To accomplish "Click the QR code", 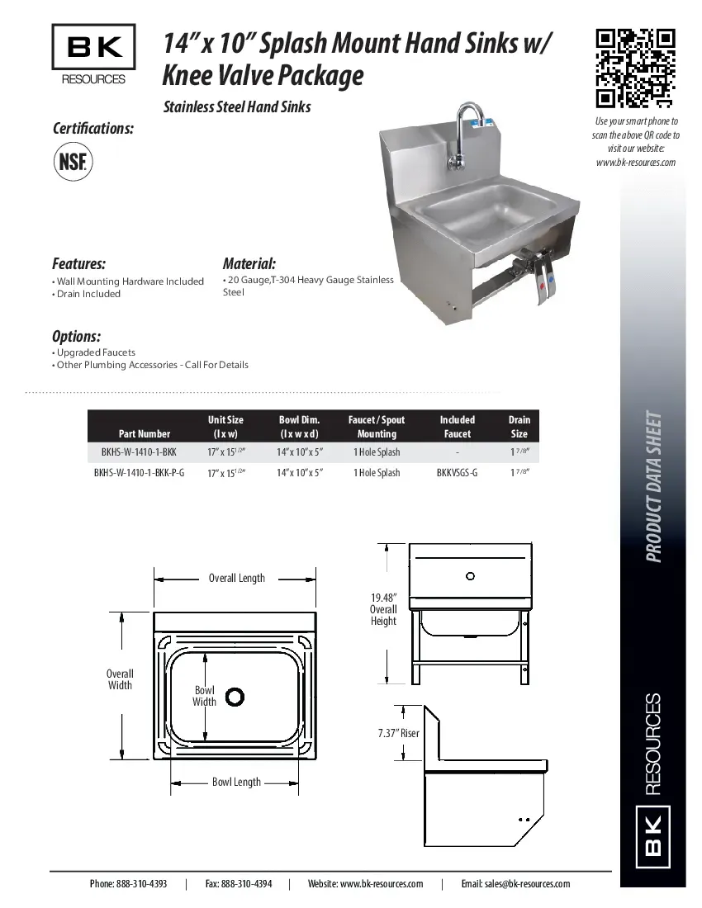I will [636, 69].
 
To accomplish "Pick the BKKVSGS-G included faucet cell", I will [457, 473].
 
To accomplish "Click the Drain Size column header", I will [519, 427].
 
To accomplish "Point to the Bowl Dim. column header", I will [299, 427].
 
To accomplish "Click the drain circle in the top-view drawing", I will [235, 697].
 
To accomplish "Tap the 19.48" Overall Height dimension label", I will [383, 609].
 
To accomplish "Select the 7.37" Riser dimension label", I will [398, 733].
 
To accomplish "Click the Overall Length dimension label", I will [237, 578].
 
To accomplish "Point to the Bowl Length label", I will [236, 782].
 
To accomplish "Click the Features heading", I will [79, 264].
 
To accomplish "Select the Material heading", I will [249, 264].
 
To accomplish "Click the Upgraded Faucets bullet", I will [96, 352].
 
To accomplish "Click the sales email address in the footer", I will [515, 883].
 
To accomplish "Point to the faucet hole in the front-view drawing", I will [471, 575].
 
